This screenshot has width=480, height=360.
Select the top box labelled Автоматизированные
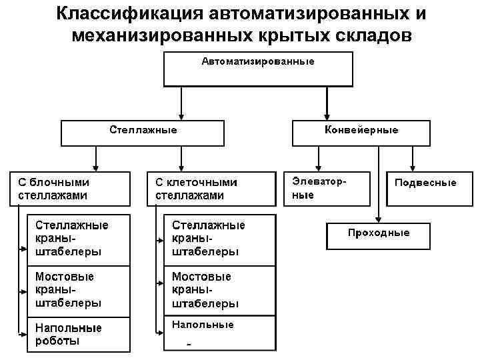pos(258,69)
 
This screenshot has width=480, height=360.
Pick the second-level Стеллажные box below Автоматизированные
pos(143,133)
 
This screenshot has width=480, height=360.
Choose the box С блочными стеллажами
pos(69,189)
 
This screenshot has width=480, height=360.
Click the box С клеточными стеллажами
pos(210,189)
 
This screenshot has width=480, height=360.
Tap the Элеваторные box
pos(327,189)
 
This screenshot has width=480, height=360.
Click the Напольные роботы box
pos(77,333)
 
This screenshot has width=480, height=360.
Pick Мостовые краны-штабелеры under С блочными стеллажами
pos(77,290)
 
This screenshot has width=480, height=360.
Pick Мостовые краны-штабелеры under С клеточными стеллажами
pos(216,290)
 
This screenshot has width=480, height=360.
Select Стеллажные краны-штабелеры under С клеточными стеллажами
pos(216,239)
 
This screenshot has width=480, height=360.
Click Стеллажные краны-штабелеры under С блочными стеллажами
pos(77,239)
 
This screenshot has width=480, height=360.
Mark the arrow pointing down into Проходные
pos(378,217)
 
